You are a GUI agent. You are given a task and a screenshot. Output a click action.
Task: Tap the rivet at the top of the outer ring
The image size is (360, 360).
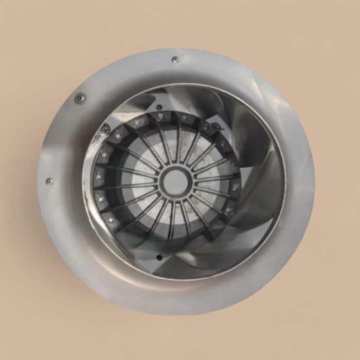point(175,60)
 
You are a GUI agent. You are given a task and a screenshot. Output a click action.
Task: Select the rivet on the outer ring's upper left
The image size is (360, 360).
point(80,98)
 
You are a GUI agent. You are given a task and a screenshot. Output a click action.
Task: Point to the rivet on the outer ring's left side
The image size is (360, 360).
point(49,182)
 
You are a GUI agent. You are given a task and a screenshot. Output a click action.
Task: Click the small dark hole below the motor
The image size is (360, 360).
point(158,257)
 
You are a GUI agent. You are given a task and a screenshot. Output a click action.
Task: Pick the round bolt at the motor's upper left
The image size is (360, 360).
point(105,128)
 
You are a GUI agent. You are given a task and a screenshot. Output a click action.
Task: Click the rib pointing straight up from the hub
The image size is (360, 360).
point(177,141)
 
